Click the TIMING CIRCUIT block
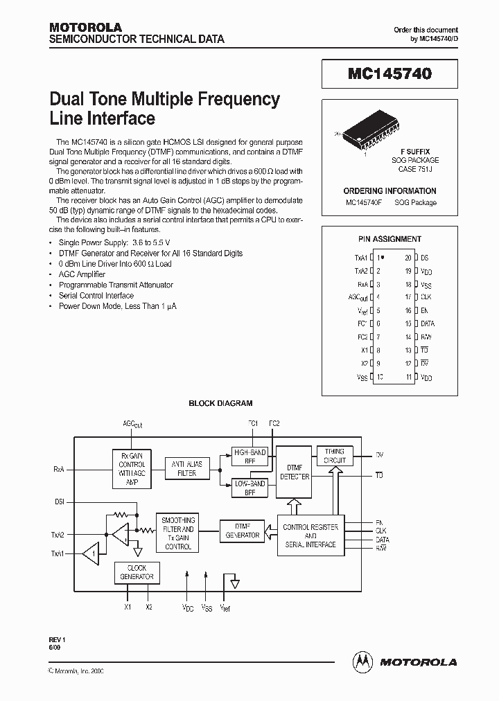[x=334, y=456]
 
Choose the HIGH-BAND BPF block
[x=250, y=456]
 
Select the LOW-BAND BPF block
[x=250, y=488]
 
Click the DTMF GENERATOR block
[x=242, y=531]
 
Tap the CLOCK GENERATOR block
[x=137, y=572]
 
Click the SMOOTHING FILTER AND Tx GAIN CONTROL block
[x=178, y=533]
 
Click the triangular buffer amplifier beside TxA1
[x=90, y=554]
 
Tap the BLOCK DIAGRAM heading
[x=220, y=403]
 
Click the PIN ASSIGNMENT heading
[x=389, y=239]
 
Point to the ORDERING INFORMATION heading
[x=389, y=190]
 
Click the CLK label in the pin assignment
[x=426, y=297]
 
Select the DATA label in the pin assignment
[x=428, y=323]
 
